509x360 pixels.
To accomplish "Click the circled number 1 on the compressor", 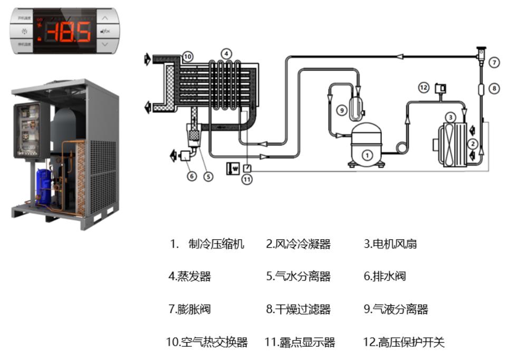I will click(368, 154).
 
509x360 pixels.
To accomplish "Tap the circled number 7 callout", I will click(494, 62).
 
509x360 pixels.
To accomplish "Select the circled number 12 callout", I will click(424, 88).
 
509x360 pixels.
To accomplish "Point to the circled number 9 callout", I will click(341, 110).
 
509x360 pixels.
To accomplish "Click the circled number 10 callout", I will click(188, 56).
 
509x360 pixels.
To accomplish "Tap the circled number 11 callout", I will click(246, 179).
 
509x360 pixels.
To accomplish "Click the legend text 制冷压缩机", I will click(216, 244).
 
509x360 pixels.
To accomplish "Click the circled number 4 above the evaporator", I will click(226, 53).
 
